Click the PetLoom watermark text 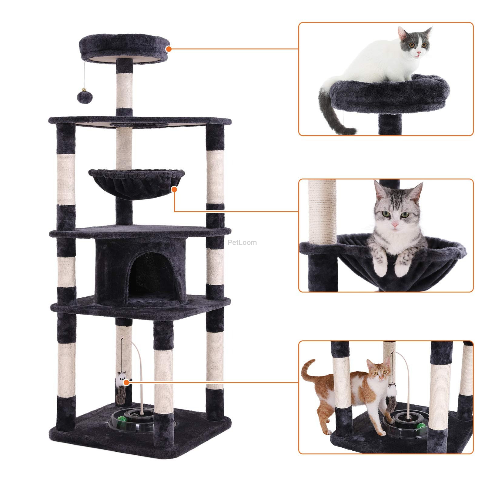pyautogui.click(x=242, y=242)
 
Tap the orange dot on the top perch pyautogui.click(x=169, y=49)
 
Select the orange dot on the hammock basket pyautogui.click(x=174, y=189)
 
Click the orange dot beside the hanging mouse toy pyautogui.click(x=127, y=383)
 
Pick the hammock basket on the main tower pyautogui.click(x=136, y=184)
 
